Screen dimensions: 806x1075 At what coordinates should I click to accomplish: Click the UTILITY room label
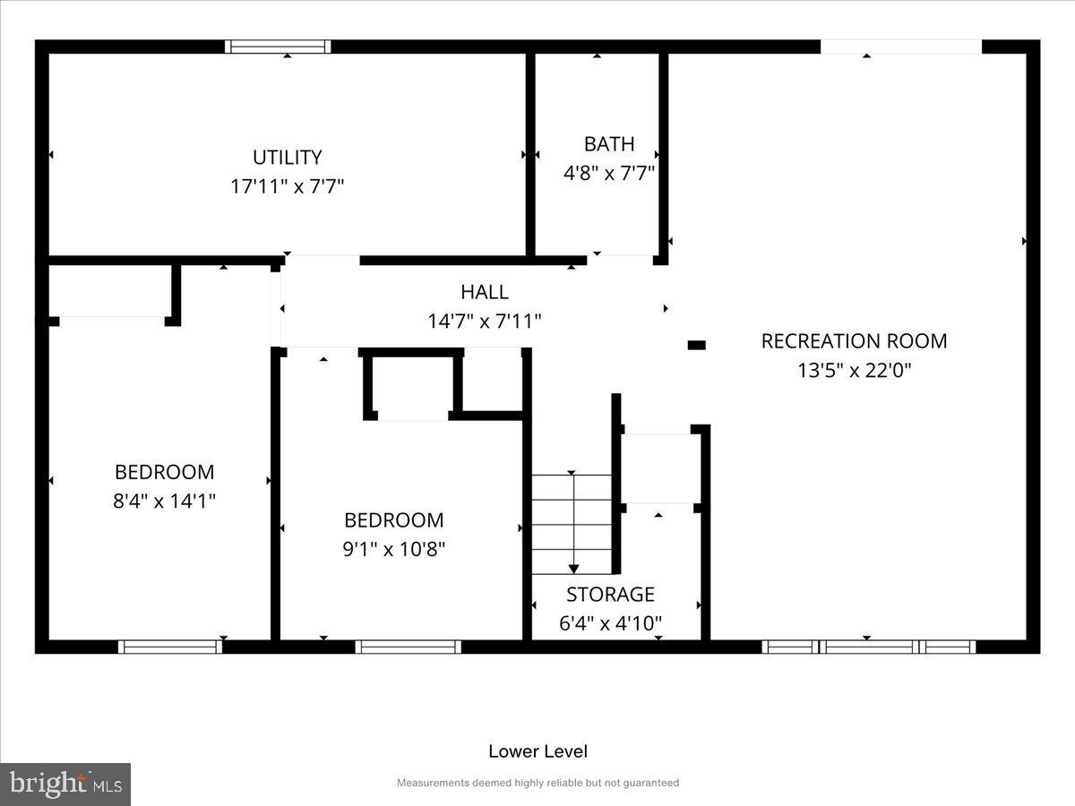coord(287,158)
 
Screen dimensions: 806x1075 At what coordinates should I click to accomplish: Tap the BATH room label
coord(609,144)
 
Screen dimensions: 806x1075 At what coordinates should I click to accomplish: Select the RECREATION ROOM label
coord(854,341)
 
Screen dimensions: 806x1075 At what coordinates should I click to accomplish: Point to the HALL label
coord(485,292)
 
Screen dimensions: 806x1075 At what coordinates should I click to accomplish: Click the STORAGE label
coord(610,595)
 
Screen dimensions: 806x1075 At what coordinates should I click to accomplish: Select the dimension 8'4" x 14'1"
coord(164,501)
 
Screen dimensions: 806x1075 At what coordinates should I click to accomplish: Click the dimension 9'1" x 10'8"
coord(394,549)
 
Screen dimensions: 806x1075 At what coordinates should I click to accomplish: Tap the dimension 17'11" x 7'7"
coord(287,186)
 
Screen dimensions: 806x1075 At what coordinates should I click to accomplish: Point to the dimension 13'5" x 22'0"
coord(854,370)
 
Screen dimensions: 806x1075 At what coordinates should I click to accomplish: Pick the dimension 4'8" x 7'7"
coord(609,173)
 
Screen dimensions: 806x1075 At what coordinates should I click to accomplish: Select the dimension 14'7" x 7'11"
coord(485,321)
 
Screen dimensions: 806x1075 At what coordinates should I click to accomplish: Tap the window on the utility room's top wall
coord(278,47)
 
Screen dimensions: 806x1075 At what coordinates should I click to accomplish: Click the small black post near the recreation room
coord(696,345)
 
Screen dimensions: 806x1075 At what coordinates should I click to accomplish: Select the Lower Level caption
coord(537,751)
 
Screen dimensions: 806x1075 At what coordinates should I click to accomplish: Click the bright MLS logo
coord(65,785)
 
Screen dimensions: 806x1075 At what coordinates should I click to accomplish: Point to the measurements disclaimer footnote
coord(537,783)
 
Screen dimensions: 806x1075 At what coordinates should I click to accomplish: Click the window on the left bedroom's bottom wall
coord(170,647)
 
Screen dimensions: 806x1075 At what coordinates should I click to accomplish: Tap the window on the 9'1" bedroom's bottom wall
coord(408,647)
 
